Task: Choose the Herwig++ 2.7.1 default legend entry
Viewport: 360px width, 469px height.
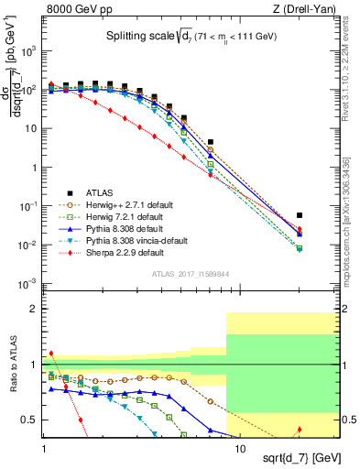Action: (x=129, y=204)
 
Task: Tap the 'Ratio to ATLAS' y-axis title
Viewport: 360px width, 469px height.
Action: (x=12, y=365)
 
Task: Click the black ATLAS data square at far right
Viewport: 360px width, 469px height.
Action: (x=300, y=215)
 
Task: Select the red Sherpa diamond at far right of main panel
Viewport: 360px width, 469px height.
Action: (x=300, y=230)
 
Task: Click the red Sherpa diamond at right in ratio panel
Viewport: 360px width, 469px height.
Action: (x=300, y=429)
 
